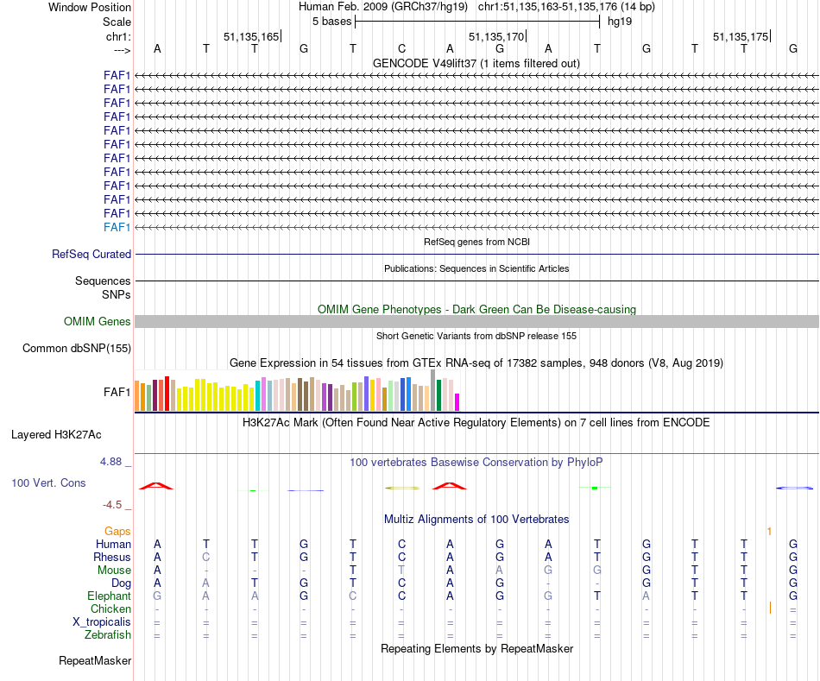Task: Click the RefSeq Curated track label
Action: click(91, 255)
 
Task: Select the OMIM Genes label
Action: click(98, 322)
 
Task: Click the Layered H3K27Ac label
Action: click(56, 434)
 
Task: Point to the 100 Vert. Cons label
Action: click(48, 483)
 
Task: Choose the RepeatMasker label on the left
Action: click(95, 661)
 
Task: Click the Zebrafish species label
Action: click(108, 634)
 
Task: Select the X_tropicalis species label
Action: click(102, 621)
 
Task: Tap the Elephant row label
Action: click(109, 596)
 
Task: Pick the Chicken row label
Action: click(110, 608)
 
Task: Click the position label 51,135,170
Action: click(496, 37)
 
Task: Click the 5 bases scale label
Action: click(331, 22)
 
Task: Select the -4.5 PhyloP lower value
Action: click(114, 505)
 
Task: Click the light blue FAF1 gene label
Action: click(117, 227)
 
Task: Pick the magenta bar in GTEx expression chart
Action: click(457, 402)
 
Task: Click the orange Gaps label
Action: click(118, 531)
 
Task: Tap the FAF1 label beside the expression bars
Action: click(117, 392)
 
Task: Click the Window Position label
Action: click(90, 7)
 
